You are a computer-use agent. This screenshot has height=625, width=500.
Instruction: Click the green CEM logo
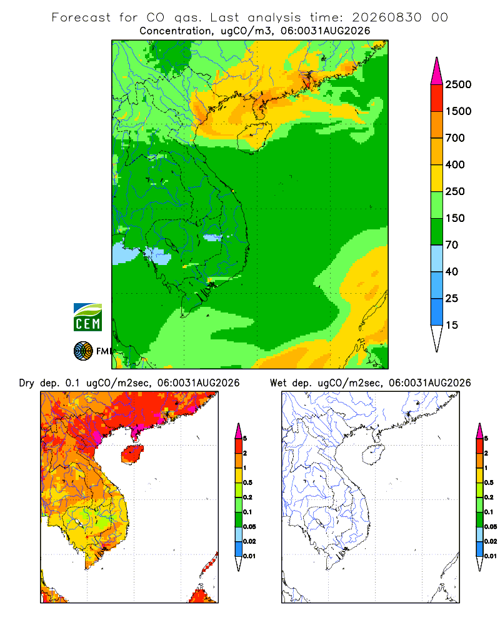coord(87,317)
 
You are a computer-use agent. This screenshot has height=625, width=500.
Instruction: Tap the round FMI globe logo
coord(83,351)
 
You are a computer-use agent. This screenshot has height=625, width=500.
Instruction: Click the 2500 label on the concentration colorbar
coord(458,84)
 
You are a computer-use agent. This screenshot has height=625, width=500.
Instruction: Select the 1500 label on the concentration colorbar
coord(458,111)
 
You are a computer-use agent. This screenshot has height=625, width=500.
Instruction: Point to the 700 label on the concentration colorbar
coord(455,138)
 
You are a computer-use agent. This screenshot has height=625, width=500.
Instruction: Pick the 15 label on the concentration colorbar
coord(452,325)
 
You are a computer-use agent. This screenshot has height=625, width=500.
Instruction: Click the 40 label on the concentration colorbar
coord(452,271)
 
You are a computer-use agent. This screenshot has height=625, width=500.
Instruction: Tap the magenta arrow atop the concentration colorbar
coord(437,71)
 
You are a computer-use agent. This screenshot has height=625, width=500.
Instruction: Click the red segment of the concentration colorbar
coord(437,98)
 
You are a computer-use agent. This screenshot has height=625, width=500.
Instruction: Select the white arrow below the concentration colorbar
coord(437,338)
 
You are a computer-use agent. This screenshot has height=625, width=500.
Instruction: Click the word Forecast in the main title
coord(81,17)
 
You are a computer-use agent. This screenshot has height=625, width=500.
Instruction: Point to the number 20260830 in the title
coord(386,17)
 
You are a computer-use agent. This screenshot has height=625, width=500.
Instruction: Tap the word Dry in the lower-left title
coord(26,383)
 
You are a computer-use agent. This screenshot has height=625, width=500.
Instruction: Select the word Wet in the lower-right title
coord(278,383)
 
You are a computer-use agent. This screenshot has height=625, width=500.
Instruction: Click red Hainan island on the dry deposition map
coord(132,454)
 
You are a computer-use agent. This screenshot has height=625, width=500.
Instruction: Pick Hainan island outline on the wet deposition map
coord(374,454)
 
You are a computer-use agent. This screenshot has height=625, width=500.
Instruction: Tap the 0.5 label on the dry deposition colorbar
coord(247,482)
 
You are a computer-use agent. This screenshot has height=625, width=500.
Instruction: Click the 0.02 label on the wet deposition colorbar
coord(490,541)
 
